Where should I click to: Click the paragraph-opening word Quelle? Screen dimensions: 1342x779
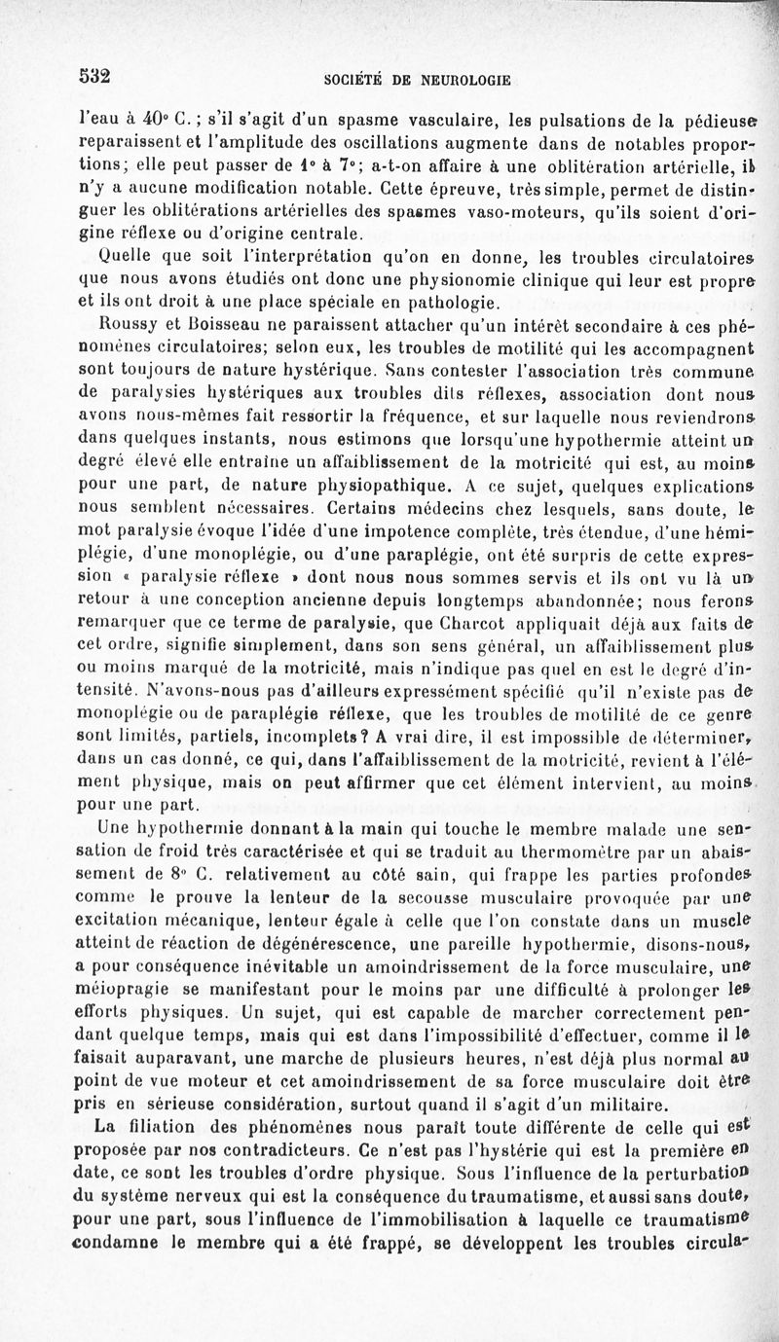[127, 258]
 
